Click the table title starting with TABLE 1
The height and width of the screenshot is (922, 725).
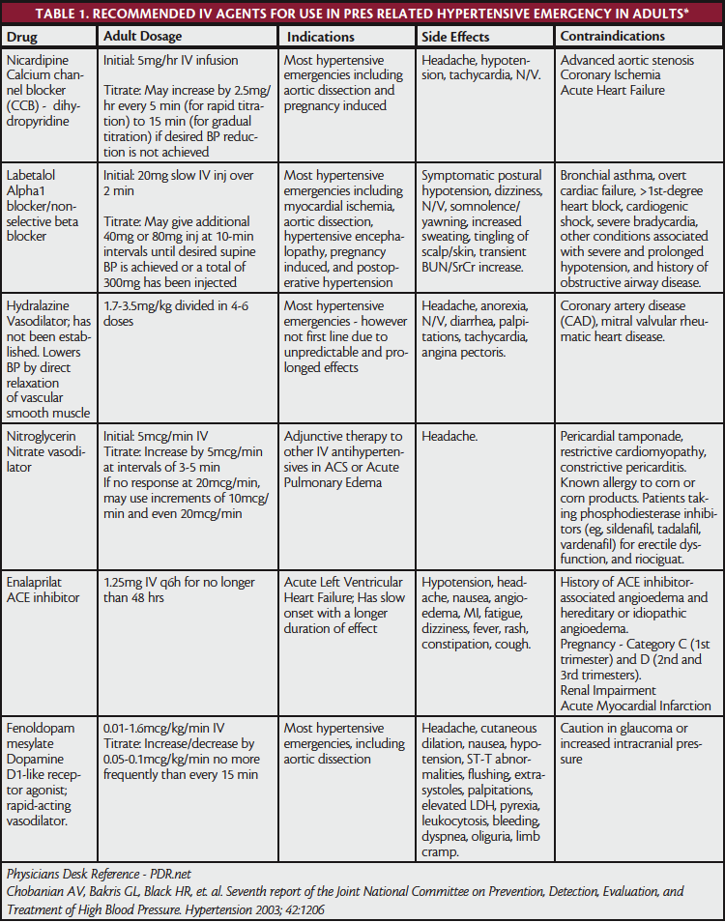point(362,14)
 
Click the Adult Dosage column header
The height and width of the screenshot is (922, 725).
point(142,37)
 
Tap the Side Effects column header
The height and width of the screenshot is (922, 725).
point(455,37)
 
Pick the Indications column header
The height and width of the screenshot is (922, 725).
point(319,37)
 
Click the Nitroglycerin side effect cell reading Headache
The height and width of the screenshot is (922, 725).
point(450,436)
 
